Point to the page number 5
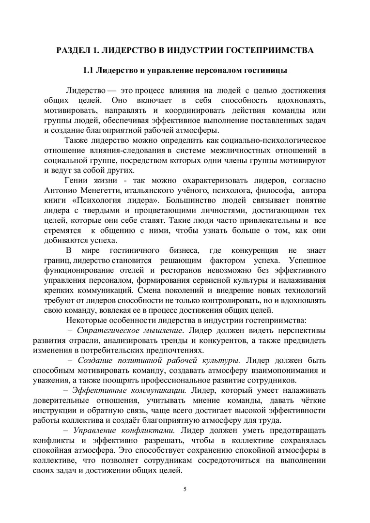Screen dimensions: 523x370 click(x=185, y=489)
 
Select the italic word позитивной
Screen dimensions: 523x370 click(x=138, y=361)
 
